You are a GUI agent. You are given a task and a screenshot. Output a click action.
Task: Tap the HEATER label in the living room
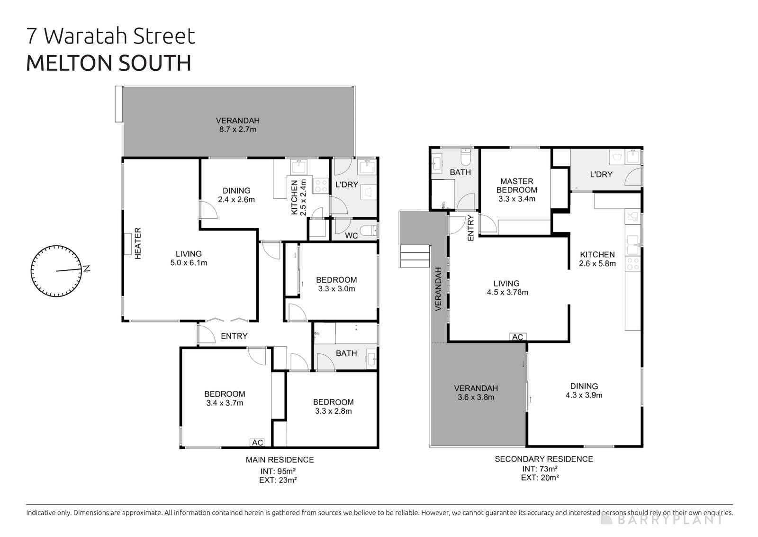coord(138,243)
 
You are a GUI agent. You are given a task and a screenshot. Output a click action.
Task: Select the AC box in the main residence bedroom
coord(257,442)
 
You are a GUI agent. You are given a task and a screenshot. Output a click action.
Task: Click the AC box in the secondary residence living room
coord(517,337)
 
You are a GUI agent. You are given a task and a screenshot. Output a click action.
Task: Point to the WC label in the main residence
coord(351,235)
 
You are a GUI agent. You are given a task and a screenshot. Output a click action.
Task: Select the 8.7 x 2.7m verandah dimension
coord(237,129)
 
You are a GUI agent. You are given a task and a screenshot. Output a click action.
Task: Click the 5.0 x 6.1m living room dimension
coord(189,262)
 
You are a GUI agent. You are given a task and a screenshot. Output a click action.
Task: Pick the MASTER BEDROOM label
coord(517,185)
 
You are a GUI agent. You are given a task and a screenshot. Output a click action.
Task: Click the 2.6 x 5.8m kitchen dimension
coord(597,263)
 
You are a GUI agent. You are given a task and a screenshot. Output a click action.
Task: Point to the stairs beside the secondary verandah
coord(415,256)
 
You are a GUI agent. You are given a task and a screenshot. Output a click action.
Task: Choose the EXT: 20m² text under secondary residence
coord(540,478)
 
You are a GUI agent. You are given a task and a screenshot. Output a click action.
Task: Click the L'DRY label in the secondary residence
coord(601,175)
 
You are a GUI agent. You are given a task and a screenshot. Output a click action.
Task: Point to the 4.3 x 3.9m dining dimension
coord(584,395)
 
